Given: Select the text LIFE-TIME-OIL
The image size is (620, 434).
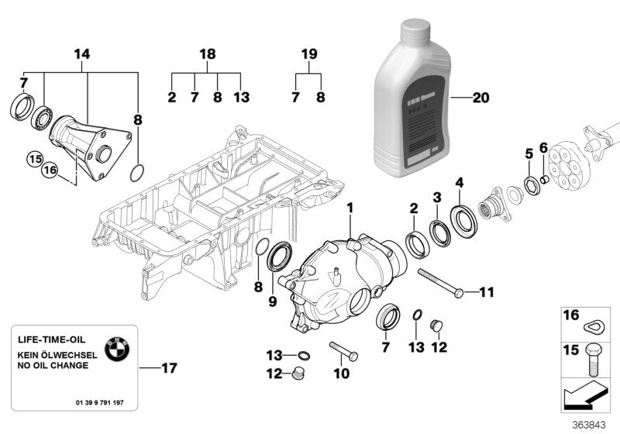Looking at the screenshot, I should pyautogui.click(x=53, y=340).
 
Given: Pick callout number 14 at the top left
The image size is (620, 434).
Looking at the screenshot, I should pyautogui.click(x=82, y=54).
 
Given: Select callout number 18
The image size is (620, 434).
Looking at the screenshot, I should pyautogui.click(x=206, y=54).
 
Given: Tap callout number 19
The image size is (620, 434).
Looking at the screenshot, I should pyautogui.click(x=309, y=54).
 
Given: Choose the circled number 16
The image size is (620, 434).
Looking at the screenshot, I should pyautogui.click(x=50, y=170).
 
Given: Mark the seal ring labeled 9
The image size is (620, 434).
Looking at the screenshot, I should pyautogui.click(x=281, y=257).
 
